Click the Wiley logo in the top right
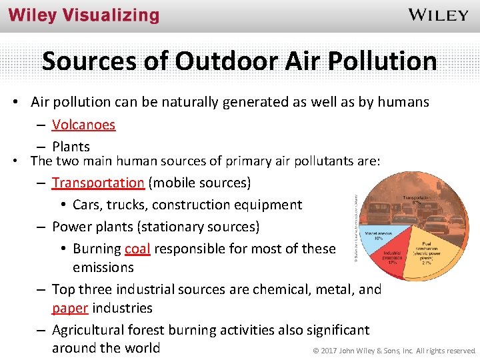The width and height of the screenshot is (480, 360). click(x=437, y=15)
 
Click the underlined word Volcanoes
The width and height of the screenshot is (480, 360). click(x=83, y=125)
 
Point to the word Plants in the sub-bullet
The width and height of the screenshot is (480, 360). click(x=71, y=147)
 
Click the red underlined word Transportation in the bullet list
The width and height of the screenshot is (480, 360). click(x=98, y=183)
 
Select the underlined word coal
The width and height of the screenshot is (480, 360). click(x=137, y=249)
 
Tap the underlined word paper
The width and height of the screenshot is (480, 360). click(x=70, y=308)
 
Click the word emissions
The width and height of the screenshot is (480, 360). click(x=103, y=267)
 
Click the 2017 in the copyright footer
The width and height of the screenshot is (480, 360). click(x=327, y=351)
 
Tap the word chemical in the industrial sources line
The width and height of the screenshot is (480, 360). click(x=278, y=289)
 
